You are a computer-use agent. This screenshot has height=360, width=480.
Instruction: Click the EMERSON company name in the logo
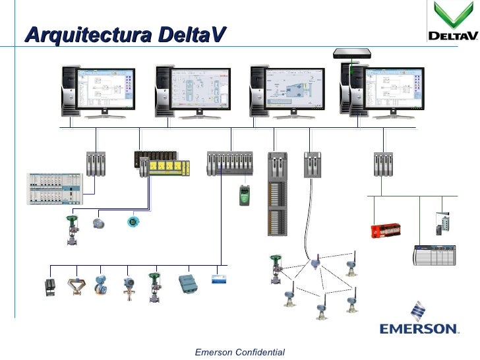(419, 328)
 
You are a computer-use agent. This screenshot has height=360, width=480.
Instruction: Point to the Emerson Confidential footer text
(240, 353)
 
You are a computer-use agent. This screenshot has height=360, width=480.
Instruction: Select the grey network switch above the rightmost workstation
(353, 53)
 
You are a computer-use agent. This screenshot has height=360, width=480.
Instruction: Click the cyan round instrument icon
(133, 222)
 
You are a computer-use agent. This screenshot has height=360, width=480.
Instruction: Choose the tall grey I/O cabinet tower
(278, 194)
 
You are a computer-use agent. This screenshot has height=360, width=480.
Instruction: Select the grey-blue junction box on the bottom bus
(189, 283)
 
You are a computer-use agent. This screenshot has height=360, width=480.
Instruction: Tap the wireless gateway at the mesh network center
(315, 264)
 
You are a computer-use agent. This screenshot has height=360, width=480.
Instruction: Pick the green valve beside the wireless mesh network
(276, 266)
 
